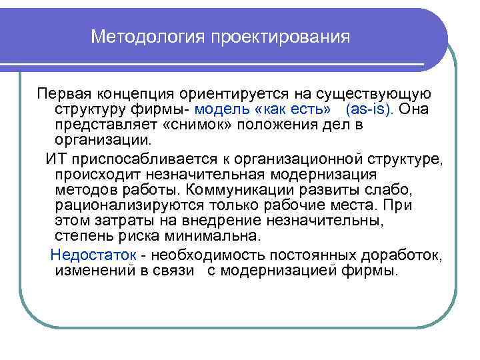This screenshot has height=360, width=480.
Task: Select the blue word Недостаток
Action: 93,254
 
